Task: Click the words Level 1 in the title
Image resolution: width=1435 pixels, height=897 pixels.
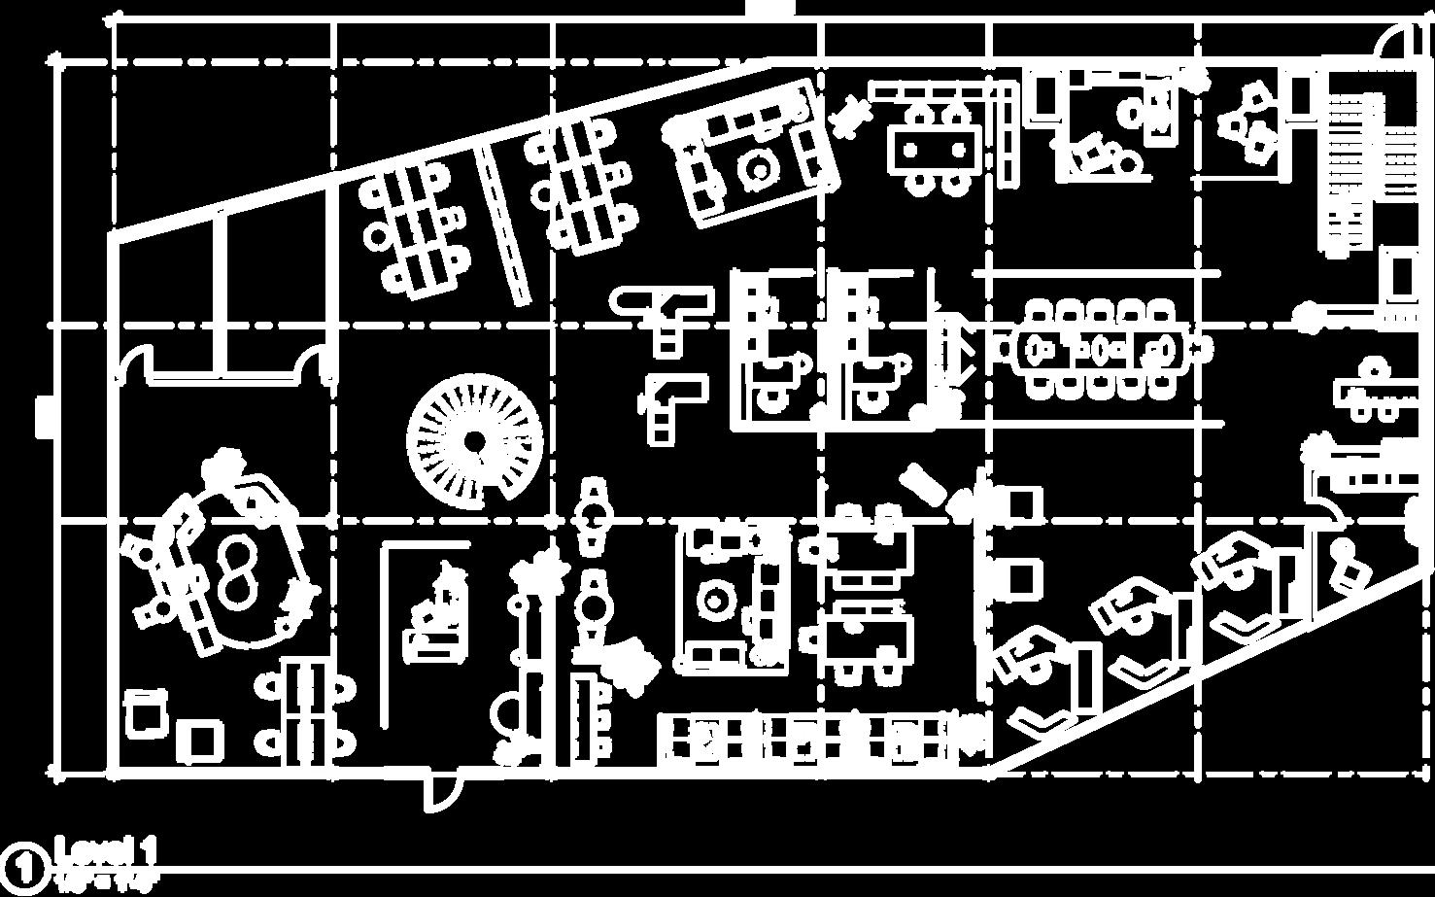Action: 105,852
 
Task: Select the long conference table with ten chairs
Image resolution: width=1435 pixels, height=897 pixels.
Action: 1100,347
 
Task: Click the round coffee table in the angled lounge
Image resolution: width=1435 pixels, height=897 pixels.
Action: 755,167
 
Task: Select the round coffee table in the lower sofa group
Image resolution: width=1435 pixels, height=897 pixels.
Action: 717,601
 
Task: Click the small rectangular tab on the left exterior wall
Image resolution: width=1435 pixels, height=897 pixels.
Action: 44,417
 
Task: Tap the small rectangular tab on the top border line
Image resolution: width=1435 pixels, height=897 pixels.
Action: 770,9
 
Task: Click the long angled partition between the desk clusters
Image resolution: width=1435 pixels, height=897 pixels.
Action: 503,224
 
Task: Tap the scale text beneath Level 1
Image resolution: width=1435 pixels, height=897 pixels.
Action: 105,883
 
